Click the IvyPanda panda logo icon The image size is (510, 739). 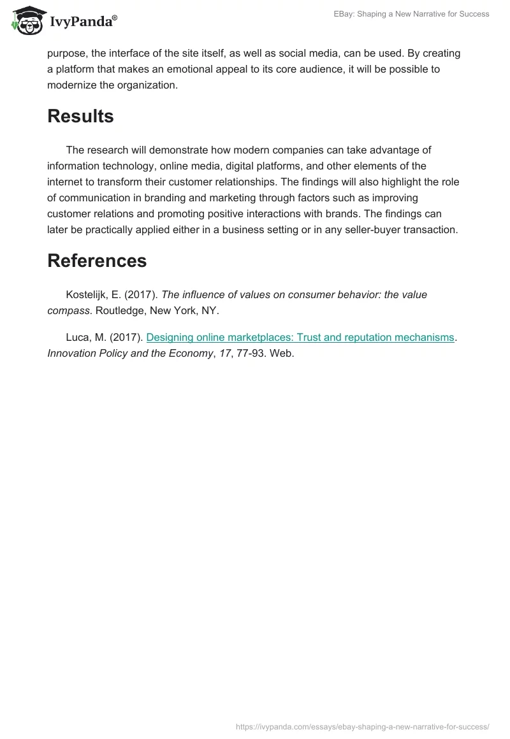click(x=25, y=22)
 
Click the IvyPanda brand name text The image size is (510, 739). click(x=83, y=22)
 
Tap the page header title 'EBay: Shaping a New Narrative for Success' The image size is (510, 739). click(x=412, y=14)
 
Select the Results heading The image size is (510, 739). click(x=80, y=117)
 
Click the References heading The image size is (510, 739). click(x=97, y=261)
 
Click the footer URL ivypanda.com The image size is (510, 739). click(x=362, y=726)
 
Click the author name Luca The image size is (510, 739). click(x=78, y=338)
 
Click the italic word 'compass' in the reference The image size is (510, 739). click(x=66, y=310)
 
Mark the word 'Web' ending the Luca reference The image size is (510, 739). click(x=280, y=354)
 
